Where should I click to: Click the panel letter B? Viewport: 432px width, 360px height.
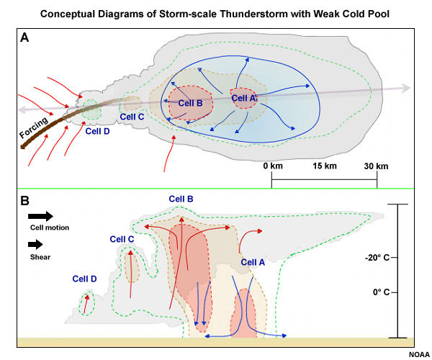[x=24, y=201]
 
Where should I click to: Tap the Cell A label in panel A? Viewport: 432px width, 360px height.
[x=244, y=98]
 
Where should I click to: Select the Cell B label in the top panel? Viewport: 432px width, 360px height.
[x=190, y=103]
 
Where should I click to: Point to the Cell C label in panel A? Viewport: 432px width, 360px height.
[x=132, y=116]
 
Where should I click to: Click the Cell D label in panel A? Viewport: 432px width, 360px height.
[x=97, y=130]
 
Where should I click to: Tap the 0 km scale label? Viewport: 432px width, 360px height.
[x=271, y=166]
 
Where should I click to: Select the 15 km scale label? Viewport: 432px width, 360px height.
[x=323, y=166]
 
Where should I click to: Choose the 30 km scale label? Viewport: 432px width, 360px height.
[x=376, y=166]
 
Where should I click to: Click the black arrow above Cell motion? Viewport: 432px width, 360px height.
[x=40, y=216]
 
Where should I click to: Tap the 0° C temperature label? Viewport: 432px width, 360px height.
[x=380, y=292]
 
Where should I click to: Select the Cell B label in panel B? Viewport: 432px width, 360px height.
[x=181, y=199]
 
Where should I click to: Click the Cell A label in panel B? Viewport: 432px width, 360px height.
[x=253, y=262]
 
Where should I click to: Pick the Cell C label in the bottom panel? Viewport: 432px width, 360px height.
[x=122, y=239]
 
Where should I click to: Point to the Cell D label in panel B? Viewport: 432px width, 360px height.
[x=84, y=279]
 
